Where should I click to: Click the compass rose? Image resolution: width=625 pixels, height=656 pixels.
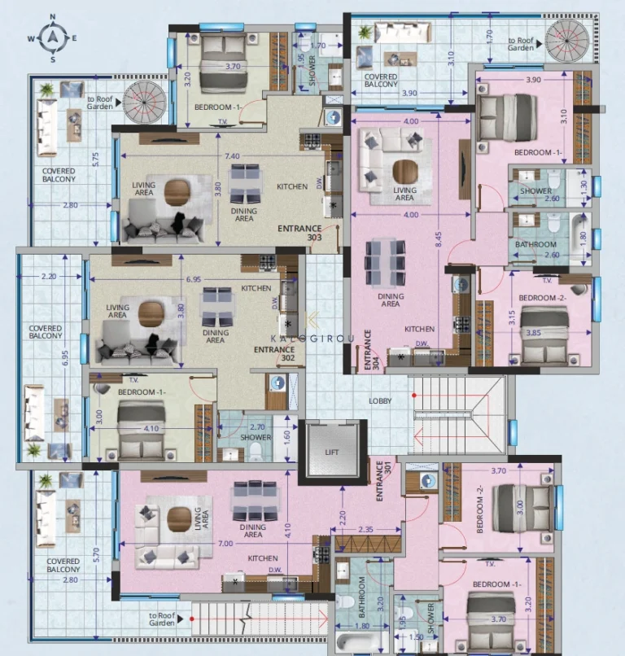click(53, 37)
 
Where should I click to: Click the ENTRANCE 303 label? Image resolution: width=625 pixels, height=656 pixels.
click(300, 234)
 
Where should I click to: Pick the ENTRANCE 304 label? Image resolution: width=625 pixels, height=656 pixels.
click(369, 350)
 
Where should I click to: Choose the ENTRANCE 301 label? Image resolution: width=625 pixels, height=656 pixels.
click(379, 480)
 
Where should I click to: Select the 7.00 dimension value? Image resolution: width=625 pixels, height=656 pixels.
click(225, 544)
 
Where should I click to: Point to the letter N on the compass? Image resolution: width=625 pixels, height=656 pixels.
click(53, 16)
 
